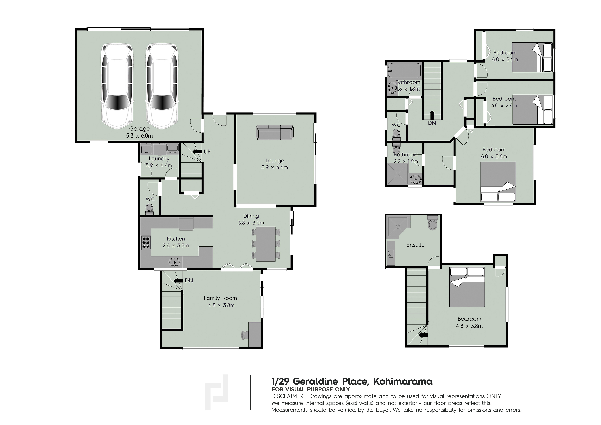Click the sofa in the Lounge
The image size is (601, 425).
pos(275,132)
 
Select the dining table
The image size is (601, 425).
pos(266,244)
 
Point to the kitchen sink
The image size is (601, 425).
pos(174,262)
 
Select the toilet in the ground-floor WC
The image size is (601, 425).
pos(150,209)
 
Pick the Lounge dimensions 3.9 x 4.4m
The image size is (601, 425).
pos(275,167)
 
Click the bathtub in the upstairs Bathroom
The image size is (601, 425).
pos(404,70)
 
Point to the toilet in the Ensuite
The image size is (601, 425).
pos(432,223)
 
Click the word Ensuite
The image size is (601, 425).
pos(415,245)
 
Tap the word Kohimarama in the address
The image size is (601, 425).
pos(403,381)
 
